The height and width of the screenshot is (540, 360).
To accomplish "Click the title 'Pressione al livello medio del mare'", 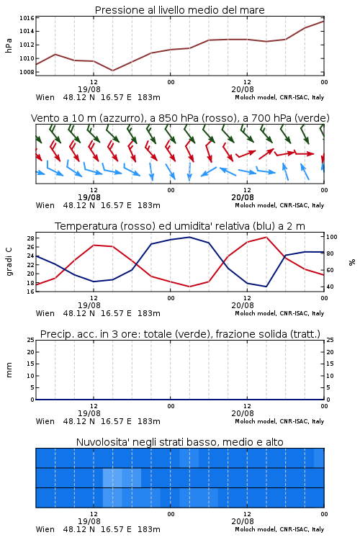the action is (x=179, y=10).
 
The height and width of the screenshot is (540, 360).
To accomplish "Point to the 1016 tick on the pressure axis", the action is (x=27, y=18).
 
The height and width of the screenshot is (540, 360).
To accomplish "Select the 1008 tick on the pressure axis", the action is (x=27, y=72).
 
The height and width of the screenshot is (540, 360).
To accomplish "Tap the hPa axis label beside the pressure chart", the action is (x=9, y=45).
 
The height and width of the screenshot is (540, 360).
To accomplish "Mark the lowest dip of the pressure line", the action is (x=112, y=71).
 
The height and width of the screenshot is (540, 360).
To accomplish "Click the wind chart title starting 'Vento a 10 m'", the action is (x=180, y=118).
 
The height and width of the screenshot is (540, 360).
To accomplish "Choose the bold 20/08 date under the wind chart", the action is (x=243, y=197).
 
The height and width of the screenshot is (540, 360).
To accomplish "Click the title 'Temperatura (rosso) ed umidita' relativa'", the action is (x=180, y=226).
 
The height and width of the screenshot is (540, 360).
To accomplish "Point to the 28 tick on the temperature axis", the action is (x=31, y=238).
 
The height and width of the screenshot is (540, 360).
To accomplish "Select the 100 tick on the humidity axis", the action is (x=332, y=237).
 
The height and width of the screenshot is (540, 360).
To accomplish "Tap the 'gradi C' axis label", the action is (x=9, y=262).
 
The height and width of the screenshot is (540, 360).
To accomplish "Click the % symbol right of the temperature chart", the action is (x=352, y=262).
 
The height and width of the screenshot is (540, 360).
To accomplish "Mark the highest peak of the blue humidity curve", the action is (x=189, y=237).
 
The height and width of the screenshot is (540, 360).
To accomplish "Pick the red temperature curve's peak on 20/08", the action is (x=266, y=237).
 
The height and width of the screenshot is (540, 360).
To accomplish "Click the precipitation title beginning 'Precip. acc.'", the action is (x=180, y=334).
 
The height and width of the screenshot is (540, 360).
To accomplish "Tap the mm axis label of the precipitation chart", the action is (x=9, y=370).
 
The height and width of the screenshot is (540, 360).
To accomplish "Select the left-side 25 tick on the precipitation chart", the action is (x=31, y=340).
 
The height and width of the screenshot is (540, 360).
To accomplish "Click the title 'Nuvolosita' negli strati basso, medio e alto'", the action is (x=179, y=442).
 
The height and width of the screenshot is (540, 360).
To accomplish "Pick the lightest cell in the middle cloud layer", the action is (x=112, y=477).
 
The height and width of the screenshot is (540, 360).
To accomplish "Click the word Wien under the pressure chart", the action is (x=45, y=97).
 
